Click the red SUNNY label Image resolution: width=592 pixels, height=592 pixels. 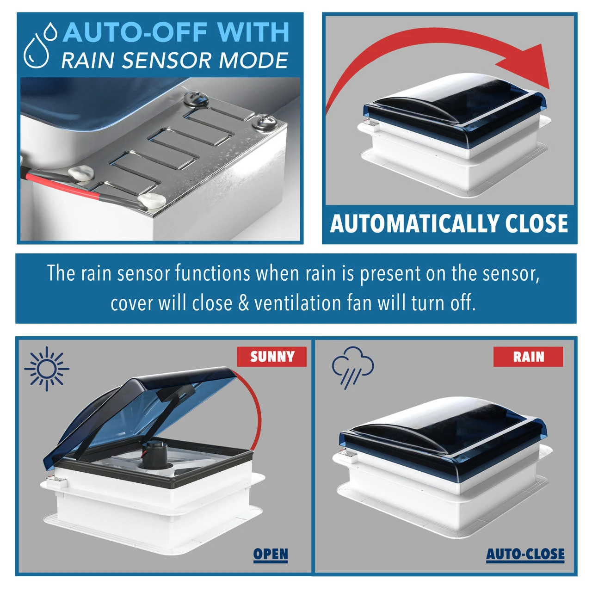click(x=271, y=357)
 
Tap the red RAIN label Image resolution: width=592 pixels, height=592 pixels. click(x=528, y=357)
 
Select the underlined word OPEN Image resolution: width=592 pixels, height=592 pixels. click(x=271, y=554)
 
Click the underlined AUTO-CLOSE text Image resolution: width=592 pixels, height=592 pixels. click(x=525, y=554)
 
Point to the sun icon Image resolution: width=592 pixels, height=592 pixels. click(x=47, y=369)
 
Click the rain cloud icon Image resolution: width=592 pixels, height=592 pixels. click(x=353, y=367)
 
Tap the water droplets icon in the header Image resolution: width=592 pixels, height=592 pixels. click(x=40, y=45)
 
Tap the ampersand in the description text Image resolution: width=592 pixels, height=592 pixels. click(x=243, y=303)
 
